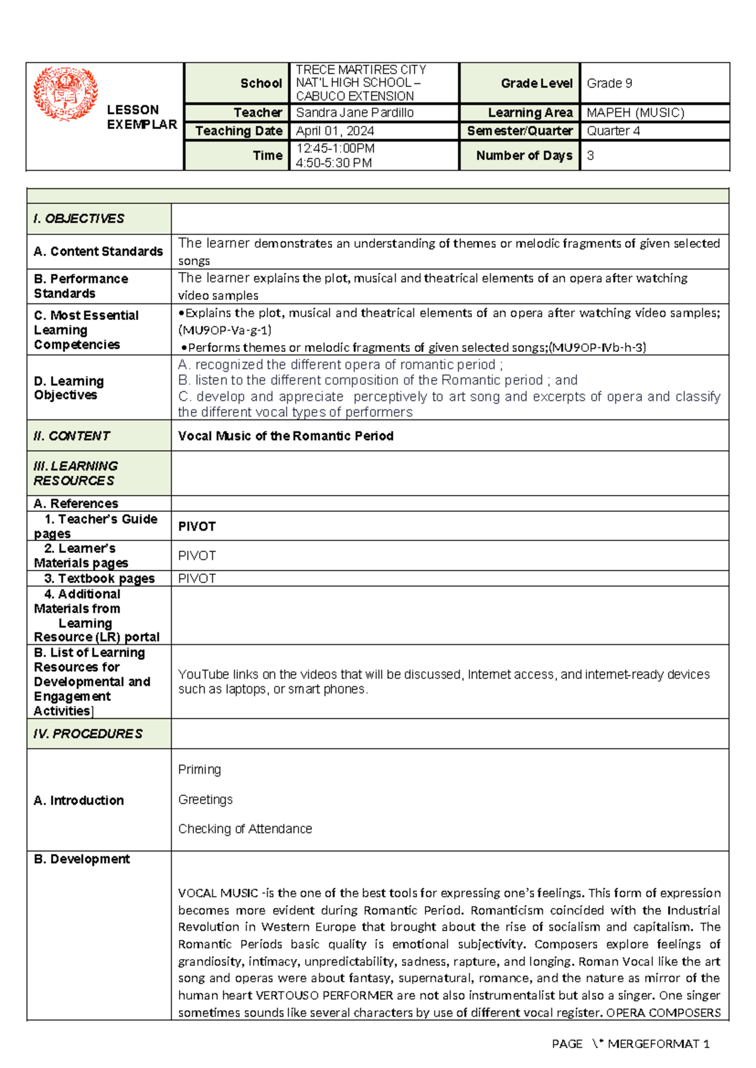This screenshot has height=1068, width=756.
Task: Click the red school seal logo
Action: pos(66,94)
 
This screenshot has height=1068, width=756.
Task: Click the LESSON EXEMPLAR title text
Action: pos(141,117)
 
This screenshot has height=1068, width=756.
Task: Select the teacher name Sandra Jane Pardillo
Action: pos(355,113)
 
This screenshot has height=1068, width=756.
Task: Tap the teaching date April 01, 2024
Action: pos(335,131)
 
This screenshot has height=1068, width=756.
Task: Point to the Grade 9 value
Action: pos(609,83)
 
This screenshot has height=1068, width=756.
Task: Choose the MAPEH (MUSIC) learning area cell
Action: pos(635,113)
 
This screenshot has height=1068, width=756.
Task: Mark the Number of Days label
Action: pos(524,156)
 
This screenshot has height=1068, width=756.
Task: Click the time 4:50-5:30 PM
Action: pos(333,163)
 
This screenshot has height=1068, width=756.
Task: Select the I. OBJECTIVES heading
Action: pos(79,219)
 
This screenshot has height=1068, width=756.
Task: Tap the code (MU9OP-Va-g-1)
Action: pos(225,330)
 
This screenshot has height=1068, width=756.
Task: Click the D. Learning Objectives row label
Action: pos(69,388)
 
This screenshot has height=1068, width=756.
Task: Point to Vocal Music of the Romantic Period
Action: pos(285,436)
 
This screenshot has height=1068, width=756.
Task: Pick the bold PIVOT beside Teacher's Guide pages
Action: pos(197,526)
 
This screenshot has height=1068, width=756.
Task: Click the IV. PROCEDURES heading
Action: pos(88,734)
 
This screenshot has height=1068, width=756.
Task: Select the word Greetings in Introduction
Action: pos(205,799)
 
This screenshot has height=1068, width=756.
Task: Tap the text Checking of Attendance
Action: pos(245,829)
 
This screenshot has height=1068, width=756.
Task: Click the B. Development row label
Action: pos(81,859)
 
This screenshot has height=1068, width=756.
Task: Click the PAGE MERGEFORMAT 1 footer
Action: pos(630,1044)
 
